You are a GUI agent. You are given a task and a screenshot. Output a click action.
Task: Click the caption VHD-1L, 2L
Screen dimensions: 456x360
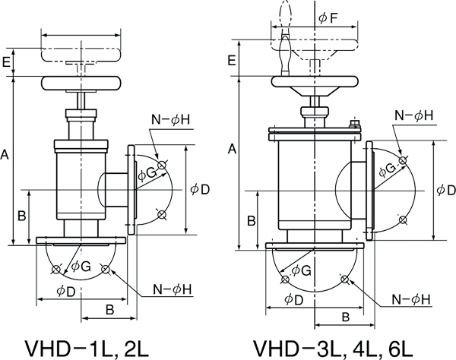(87, 349)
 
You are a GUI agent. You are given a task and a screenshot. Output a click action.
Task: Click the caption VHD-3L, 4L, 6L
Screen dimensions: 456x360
(333, 349)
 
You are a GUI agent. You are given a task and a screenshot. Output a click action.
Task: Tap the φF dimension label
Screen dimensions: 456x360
(328, 18)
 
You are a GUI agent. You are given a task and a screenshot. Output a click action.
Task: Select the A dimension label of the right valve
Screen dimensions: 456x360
(232, 149)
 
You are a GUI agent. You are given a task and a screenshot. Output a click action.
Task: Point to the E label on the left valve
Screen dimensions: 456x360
(6, 62)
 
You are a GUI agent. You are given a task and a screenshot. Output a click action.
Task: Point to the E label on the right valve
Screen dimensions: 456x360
(232, 61)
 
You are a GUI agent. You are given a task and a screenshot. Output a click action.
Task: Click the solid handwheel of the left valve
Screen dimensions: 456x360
(81, 83)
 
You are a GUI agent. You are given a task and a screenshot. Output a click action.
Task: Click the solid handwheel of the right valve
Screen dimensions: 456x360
(315, 81)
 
